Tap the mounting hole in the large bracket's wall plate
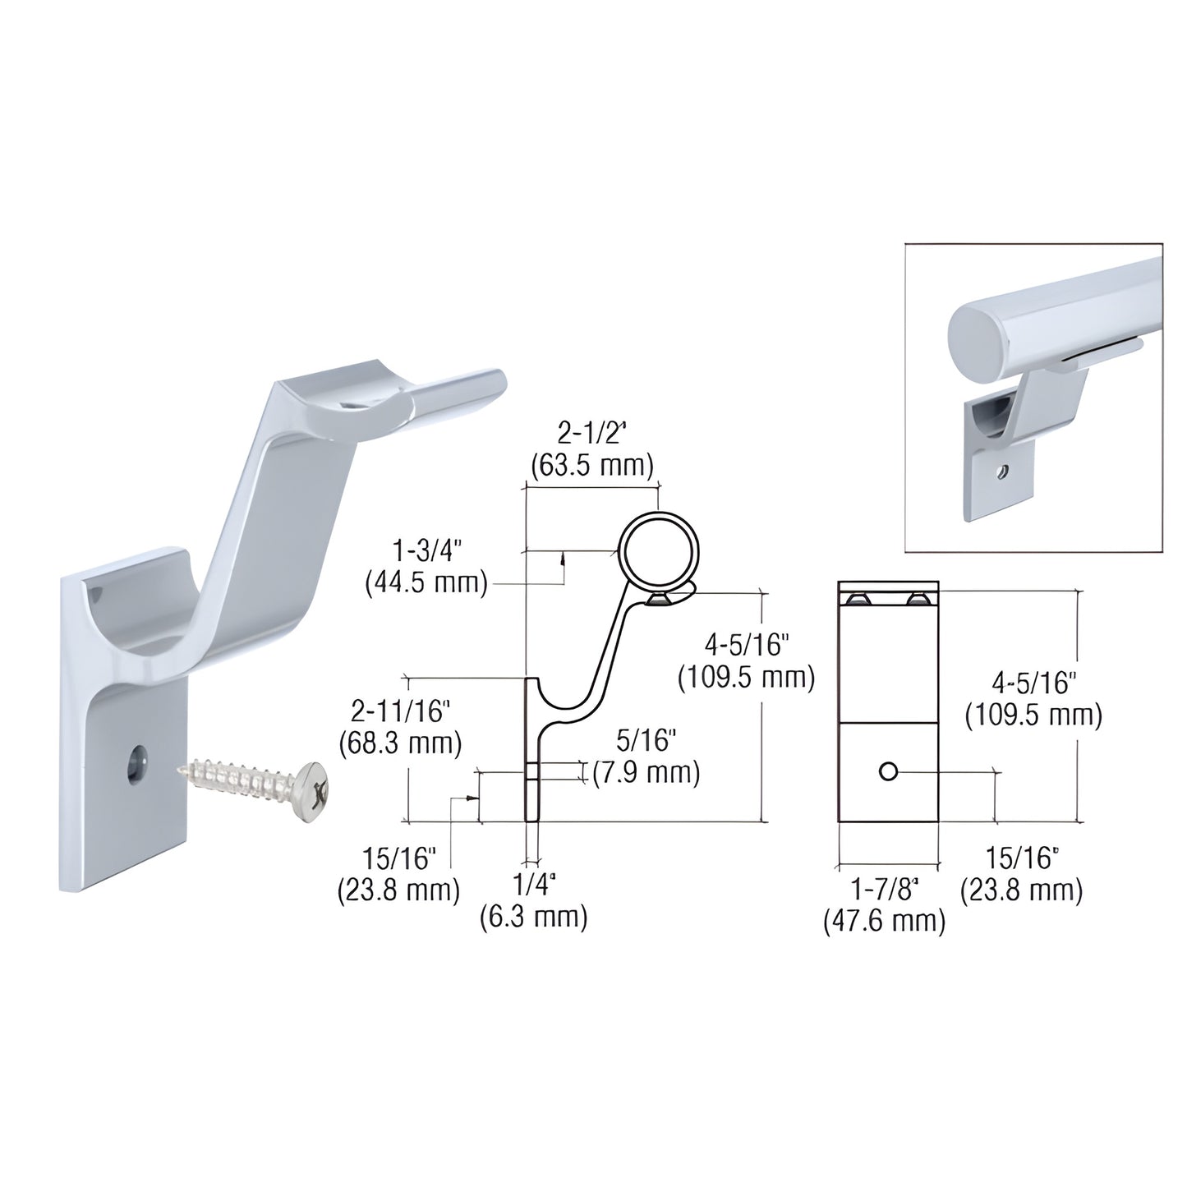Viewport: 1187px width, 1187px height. coord(135,765)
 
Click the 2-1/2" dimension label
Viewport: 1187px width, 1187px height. coord(591,434)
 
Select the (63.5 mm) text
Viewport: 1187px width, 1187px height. coord(591,466)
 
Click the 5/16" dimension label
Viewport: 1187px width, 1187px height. coord(646,741)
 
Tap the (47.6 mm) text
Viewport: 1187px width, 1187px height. coord(884,921)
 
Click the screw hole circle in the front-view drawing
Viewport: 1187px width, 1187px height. coord(887,771)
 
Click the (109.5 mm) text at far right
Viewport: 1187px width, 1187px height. coord(1033,715)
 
